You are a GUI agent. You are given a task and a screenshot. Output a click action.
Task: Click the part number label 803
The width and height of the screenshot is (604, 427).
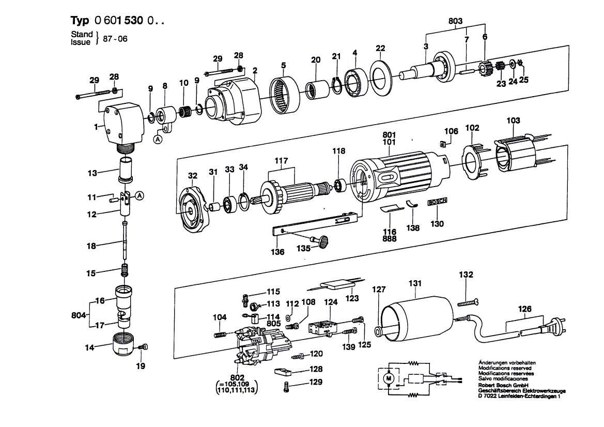pos(455,21)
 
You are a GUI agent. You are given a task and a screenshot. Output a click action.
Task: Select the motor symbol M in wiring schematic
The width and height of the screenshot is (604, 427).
pos(388,379)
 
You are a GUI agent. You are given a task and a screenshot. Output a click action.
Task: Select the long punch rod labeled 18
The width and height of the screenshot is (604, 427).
pos(126,243)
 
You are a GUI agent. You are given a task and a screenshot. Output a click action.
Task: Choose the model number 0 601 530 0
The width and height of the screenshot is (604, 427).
pos(128,21)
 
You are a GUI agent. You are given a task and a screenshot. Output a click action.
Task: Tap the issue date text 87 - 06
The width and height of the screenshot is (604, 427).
pos(115,39)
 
